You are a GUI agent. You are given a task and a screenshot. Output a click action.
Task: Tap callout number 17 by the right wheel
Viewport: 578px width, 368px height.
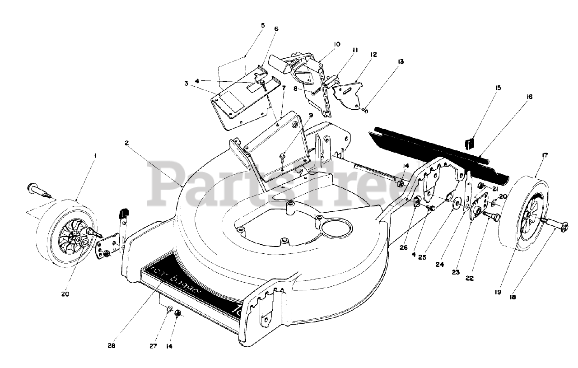point(545,155)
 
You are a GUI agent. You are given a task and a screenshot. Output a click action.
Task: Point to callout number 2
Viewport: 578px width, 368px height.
point(127,143)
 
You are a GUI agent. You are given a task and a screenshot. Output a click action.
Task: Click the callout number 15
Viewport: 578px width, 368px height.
point(473,87)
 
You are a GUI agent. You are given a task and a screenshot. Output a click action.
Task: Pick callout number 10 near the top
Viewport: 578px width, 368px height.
point(337,44)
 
